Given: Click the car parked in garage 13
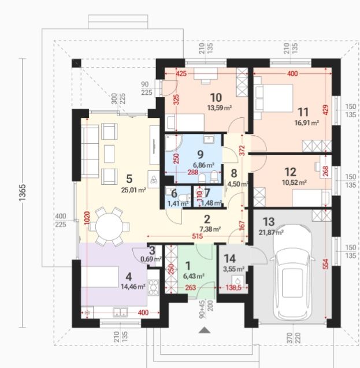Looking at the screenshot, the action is point(292,272).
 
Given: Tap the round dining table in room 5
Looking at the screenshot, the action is point(109,226).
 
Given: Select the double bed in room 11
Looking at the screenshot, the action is point(274,98).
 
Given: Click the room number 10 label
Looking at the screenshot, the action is point(216,98).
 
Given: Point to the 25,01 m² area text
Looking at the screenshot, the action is point(133,189).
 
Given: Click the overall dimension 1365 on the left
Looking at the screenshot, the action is point(23,192).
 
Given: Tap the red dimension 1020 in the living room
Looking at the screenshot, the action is point(87,218).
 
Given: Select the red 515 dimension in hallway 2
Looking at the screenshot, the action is point(197,236).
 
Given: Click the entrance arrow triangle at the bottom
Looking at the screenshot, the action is point(205,330).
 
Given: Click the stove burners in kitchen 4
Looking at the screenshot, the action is point(153,288).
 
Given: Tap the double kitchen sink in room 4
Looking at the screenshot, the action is point(120,312).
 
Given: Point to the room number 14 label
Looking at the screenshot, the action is point(229,258).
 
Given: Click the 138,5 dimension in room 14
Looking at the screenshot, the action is point(233,287).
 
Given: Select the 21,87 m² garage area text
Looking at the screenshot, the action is point(271,232).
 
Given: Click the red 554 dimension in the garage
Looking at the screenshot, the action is point(326,264).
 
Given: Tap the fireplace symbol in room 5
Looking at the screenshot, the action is point(154,179).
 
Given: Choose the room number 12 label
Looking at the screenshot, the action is point(290,172).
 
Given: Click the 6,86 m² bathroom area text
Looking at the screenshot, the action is point(203,165).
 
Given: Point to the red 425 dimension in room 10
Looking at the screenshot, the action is point(181,73).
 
